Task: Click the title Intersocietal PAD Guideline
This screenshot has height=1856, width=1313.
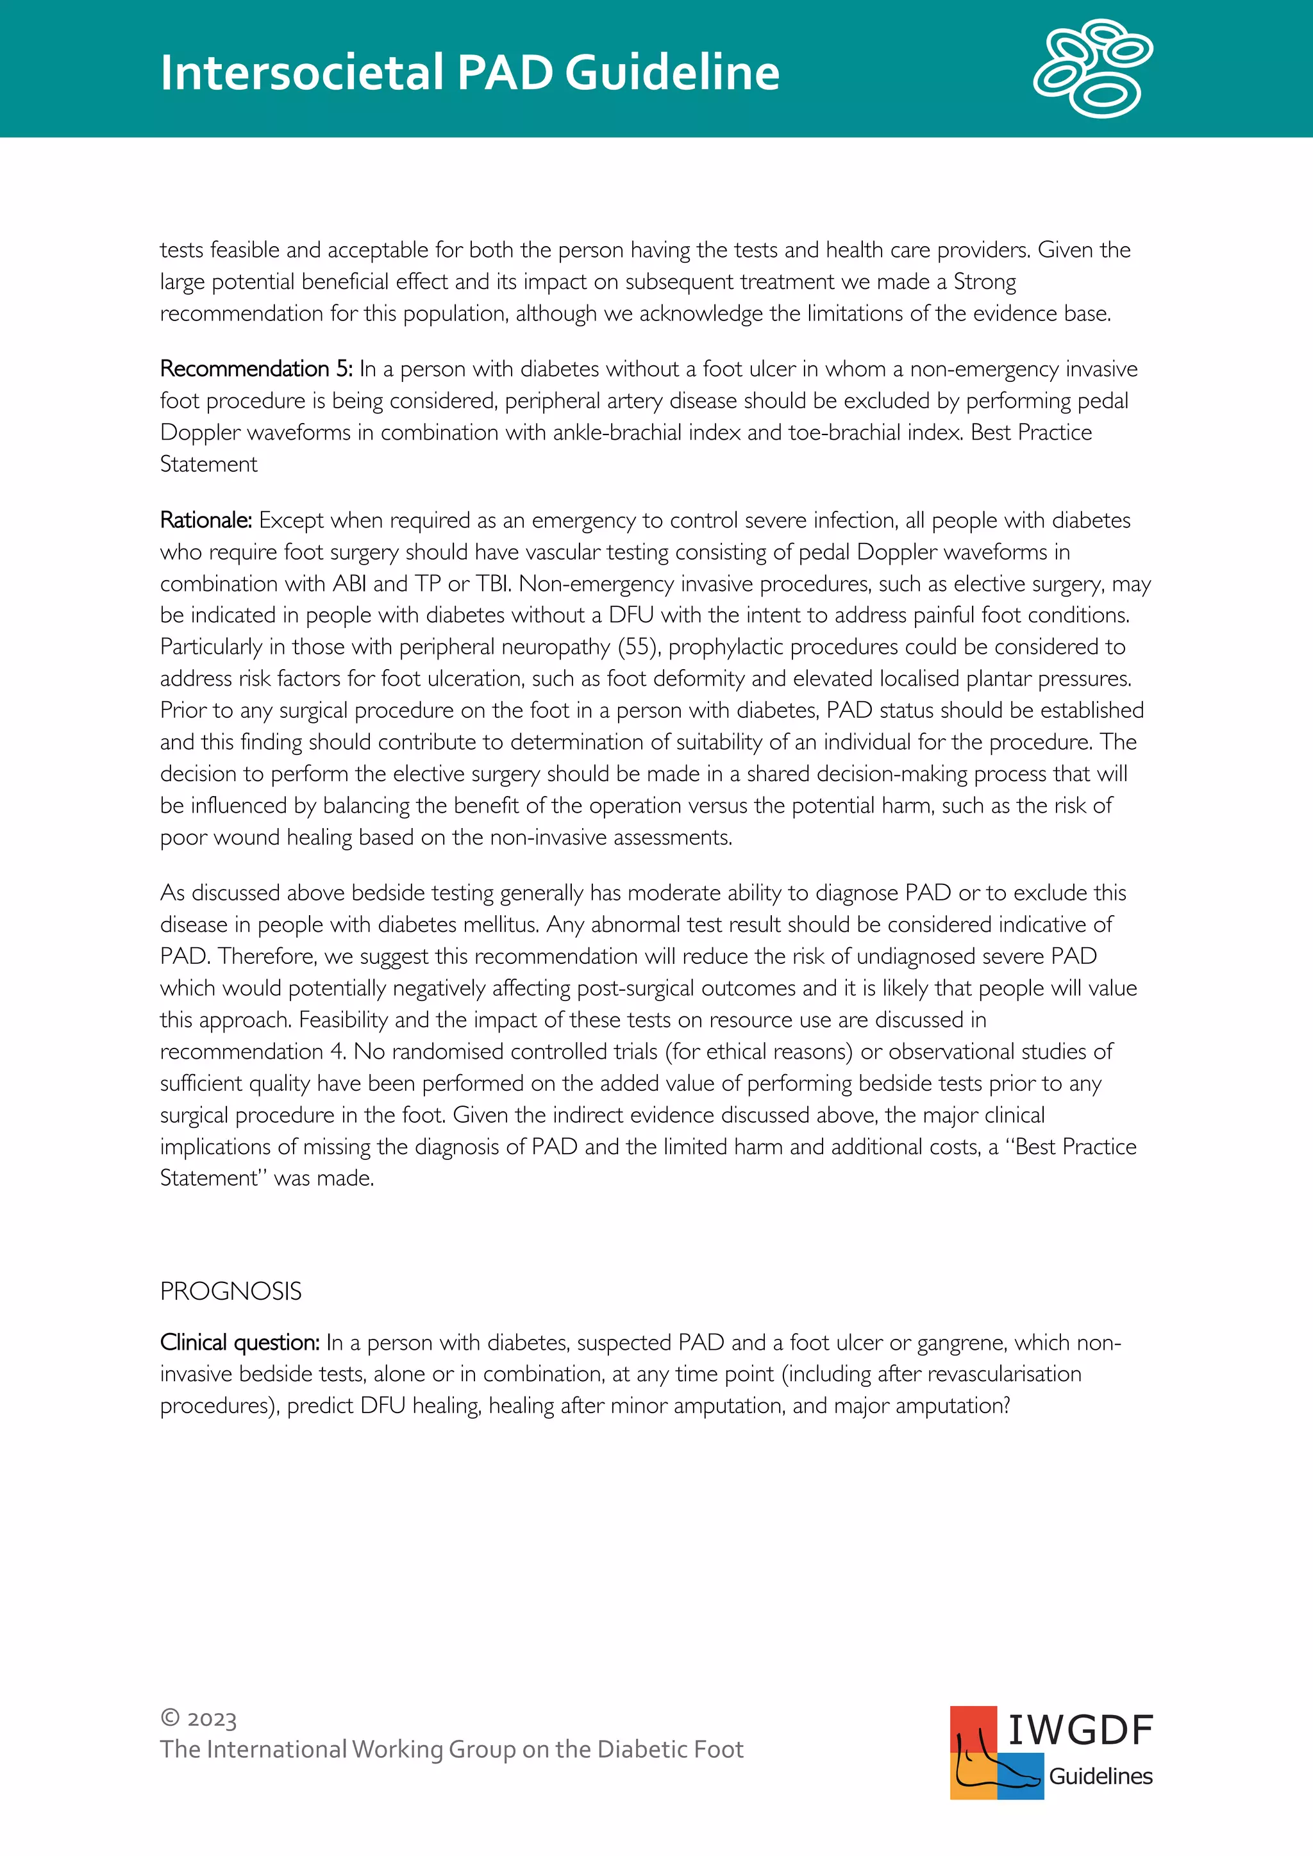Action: [469, 73]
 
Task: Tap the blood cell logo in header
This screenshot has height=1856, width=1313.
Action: [1093, 69]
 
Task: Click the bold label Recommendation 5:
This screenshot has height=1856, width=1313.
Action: [256, 369]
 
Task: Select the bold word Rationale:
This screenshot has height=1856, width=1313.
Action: [206, 520]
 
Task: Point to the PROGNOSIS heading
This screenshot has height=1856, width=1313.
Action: [230, 1291]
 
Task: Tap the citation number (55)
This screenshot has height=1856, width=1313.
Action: [638, 647]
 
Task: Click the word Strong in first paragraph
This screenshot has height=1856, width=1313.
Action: [985, 282]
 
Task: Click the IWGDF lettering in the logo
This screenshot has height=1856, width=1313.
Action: [1080, 1730]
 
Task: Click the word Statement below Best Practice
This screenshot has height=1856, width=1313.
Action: [208, 465]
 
